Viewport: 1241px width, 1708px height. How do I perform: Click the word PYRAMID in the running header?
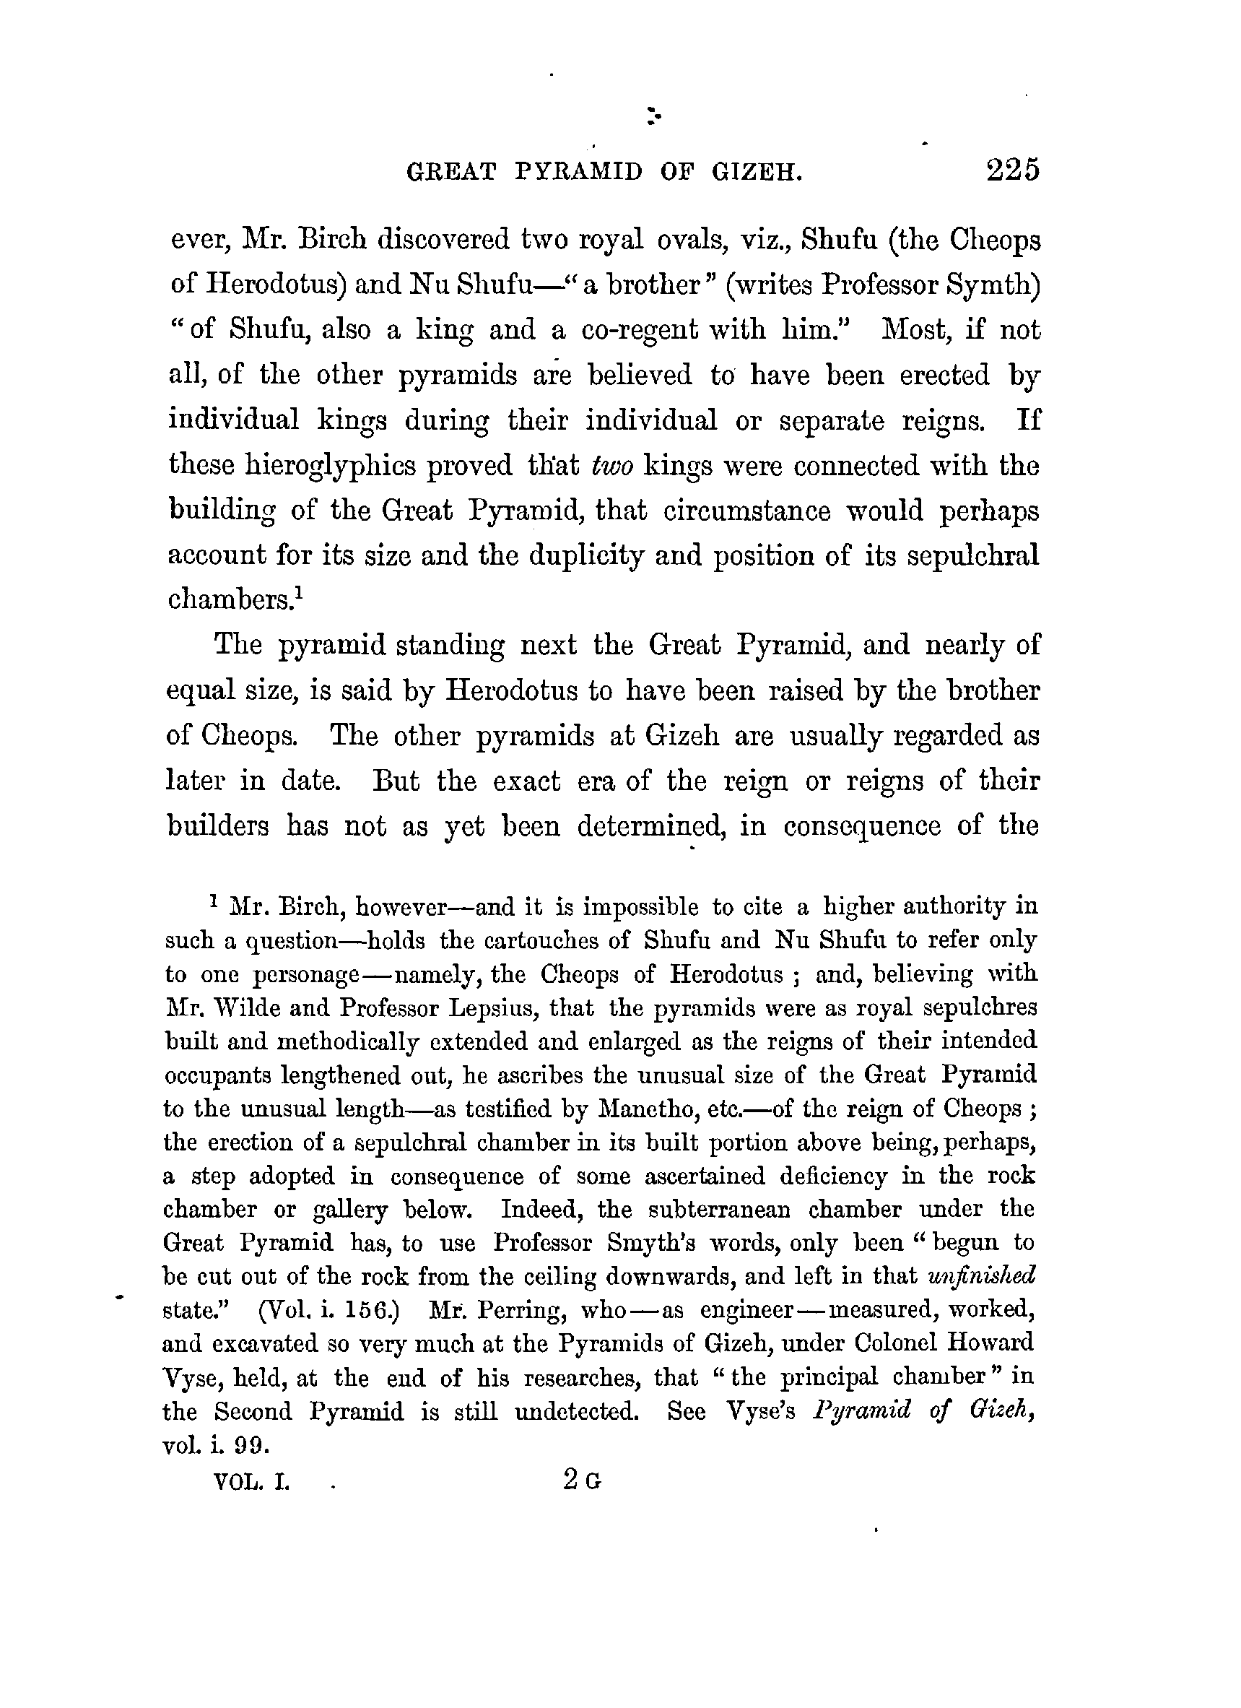click(579, 173)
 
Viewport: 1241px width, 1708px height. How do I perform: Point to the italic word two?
click(612, 465)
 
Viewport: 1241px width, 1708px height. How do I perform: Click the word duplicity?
click(587, 556)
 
